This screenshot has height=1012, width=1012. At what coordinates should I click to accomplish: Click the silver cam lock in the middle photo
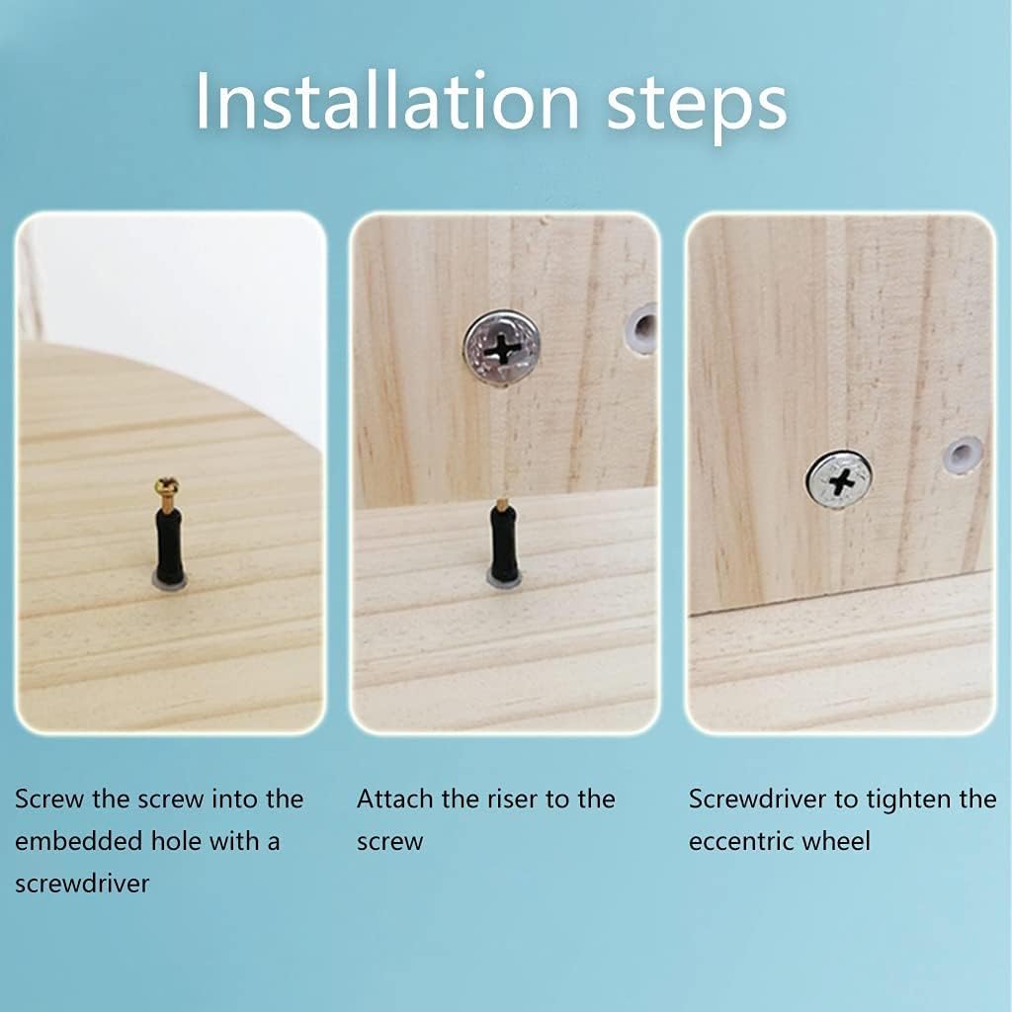tap(502, 348)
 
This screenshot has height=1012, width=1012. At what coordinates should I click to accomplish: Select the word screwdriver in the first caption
tap(82, 883)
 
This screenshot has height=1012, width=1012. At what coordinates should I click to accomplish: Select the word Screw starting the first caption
tap(49, 799)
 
